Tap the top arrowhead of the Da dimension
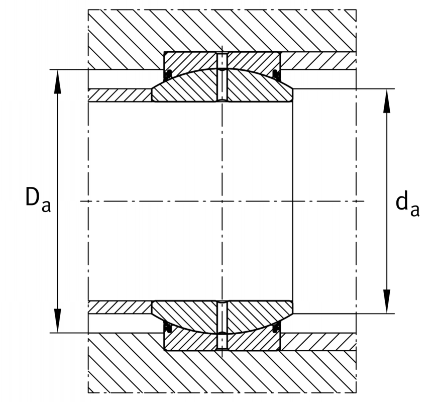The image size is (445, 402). click(58, 81)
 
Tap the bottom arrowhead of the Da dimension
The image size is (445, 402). click(58, 321)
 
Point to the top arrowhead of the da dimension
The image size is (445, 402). click(387, 101)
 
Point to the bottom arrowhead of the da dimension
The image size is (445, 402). click(387, 301)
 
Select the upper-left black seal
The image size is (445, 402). click(169, 74)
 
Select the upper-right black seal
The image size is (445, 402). click(276, 74)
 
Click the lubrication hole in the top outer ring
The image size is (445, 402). click(222, 60)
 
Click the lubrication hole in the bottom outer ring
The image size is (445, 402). click(222, 342)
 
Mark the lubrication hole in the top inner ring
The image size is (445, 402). click(222, 85)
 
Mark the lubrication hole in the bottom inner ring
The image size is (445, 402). click(222, 317)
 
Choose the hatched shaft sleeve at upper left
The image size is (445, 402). click(120, 95)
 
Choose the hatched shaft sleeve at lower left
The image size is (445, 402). click(120, 307)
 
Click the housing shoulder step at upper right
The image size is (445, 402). click(318, 61)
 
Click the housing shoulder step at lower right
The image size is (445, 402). click(318, 342)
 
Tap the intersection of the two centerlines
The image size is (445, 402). click(222, 202)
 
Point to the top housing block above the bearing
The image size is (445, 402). click(222, 31)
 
